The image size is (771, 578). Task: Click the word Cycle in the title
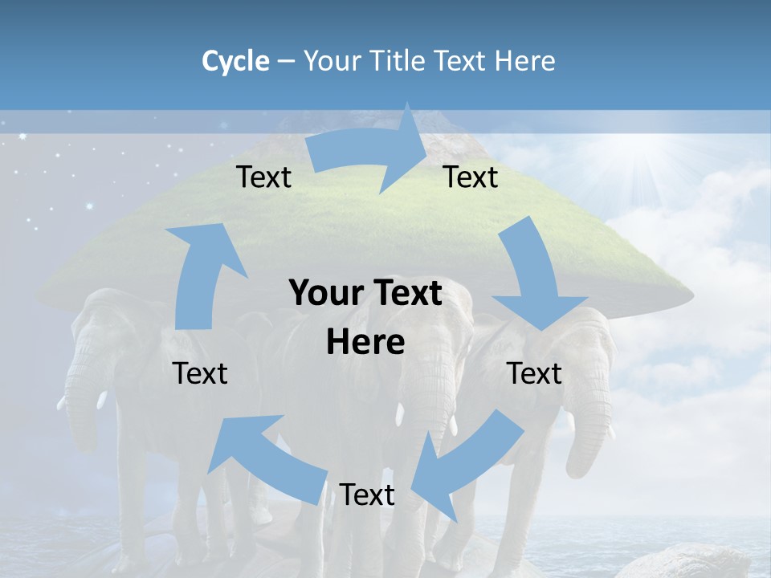point(235,61)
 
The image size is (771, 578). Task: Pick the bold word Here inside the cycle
point(365,343)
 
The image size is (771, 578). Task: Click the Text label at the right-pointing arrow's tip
point(471,177)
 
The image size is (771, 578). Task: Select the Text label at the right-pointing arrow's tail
point(264,177)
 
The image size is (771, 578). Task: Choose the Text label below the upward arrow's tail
point(200,373)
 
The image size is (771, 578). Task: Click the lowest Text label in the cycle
point(367,495)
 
